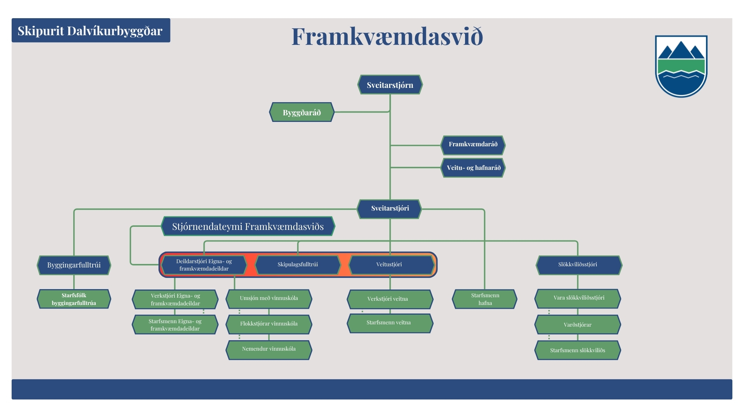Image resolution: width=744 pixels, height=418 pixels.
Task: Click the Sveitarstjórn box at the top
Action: pos(390,85)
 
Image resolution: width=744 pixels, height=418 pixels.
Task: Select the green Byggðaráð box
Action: pos(302,112)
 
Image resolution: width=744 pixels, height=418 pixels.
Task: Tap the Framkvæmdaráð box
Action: pos(473,145)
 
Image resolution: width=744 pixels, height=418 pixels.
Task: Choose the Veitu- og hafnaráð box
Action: pos(474,168)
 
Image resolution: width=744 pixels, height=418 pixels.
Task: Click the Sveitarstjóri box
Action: pos(390,209)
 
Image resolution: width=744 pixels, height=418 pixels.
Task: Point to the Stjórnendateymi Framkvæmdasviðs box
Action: pos(248,226)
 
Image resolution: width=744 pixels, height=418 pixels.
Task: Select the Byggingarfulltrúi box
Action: pos(74,265)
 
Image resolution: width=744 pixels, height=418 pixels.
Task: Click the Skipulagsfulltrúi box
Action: pos(298,265)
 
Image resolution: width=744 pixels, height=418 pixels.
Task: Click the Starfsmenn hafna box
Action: pos(485,299)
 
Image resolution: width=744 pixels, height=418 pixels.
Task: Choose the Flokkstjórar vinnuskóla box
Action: pos(269,324)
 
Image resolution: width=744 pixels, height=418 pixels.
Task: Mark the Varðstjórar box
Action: pos(578,324)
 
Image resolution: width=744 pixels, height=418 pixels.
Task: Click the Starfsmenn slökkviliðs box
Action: pos(578,350)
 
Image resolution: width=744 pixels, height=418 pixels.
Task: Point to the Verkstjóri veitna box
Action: pos(390,299)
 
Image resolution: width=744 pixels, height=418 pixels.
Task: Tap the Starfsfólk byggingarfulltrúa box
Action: pos(74,299)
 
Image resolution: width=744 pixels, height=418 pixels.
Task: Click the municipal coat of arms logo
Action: pos(681,66)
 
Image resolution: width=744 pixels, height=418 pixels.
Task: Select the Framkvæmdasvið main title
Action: pos(387,37)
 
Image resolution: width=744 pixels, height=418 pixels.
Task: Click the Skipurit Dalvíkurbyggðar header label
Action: pos(91,30)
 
